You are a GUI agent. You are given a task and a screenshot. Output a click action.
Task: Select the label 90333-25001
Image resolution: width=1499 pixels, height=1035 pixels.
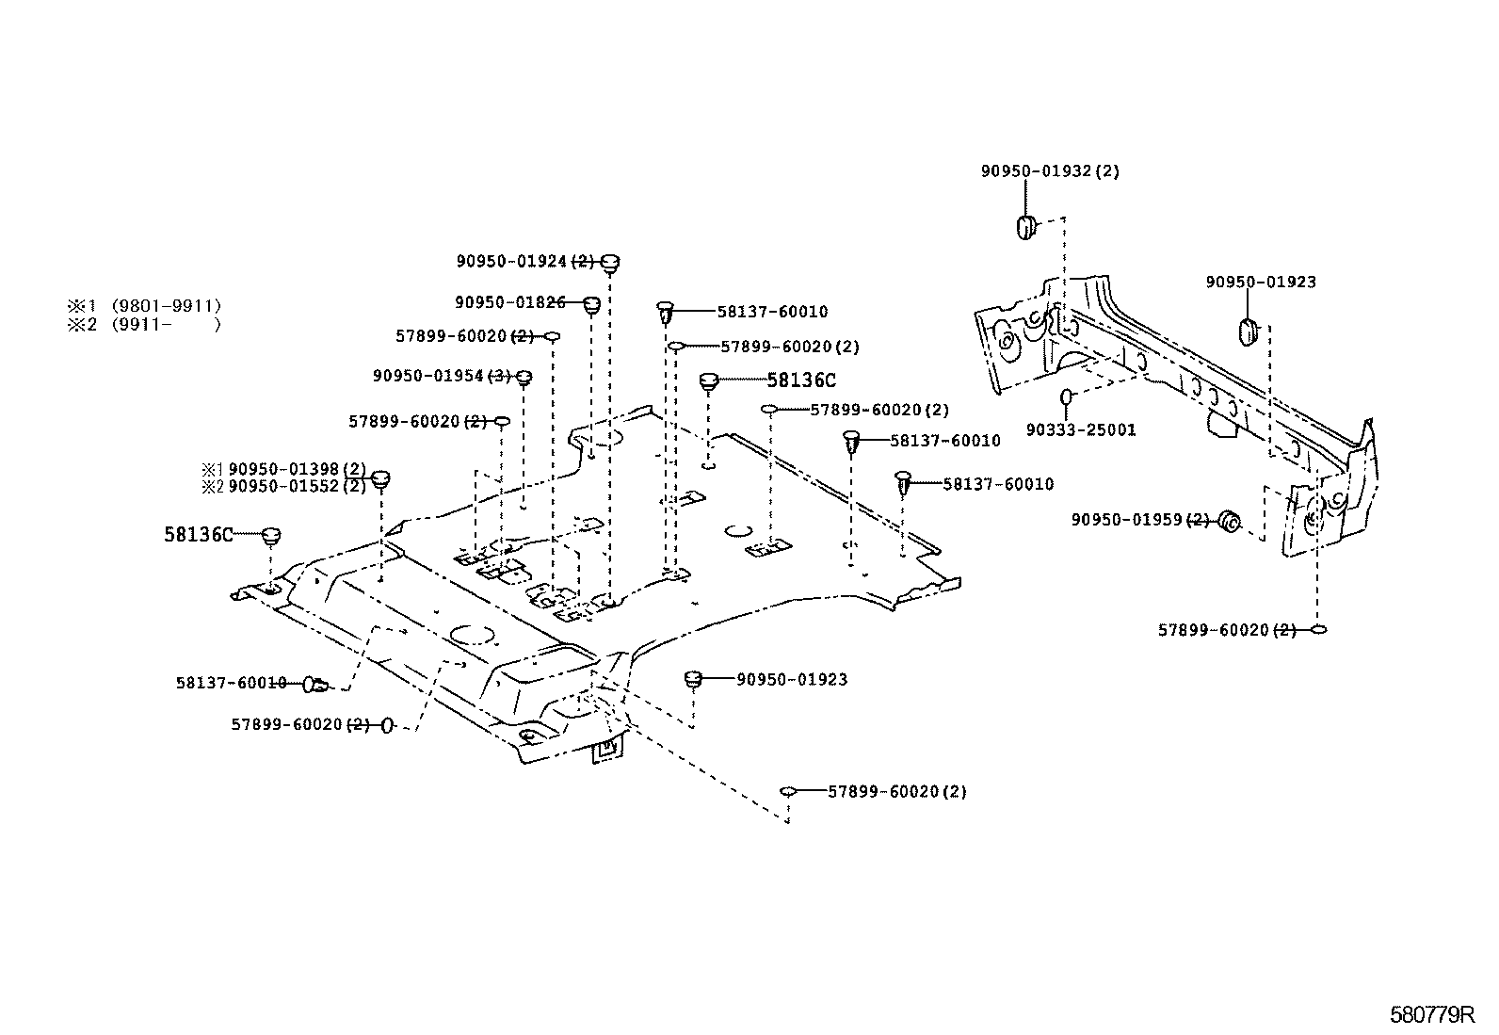click(x=1081, y=430)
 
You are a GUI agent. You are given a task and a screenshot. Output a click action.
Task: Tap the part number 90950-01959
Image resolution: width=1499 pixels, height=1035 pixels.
click(x=1126, y=520)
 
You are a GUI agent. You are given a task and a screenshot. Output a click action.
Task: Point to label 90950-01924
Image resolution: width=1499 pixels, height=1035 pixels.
click(x=512, y=261)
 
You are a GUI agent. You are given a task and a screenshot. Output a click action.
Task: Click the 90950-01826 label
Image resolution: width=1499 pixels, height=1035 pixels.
click(x=509, y=302)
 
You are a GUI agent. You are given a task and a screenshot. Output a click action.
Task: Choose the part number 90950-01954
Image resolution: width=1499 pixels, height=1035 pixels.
click(x=428, y=376)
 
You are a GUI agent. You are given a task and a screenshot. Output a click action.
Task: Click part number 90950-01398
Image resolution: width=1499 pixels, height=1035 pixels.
click(x=284, y=469)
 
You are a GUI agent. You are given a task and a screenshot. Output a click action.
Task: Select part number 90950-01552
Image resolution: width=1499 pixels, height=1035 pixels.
click(x=284, y=487)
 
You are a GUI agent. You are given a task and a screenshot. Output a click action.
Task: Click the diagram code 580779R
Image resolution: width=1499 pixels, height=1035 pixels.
click(x=1431, y=1015)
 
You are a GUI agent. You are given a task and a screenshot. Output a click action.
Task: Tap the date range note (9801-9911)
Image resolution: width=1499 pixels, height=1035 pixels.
click(x=167, y=306)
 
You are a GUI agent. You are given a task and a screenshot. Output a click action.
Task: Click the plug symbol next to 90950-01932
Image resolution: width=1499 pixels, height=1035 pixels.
click(x=1025, y=227)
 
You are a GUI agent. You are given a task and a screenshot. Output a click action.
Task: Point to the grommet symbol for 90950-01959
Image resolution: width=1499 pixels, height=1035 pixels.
click(x=1229, y=521)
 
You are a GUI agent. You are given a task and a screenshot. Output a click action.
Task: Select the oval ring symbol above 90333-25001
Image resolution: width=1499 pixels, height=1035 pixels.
click(x=1067, y=396)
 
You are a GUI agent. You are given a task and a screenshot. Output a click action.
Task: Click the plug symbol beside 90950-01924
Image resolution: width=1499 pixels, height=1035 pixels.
click(x=610, y=262)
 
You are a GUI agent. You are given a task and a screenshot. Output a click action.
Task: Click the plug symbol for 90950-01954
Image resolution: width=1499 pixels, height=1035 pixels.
click(x=525, y=377)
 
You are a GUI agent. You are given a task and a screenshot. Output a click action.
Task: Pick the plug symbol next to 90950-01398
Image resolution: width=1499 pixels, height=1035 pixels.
click(x=380, y=478)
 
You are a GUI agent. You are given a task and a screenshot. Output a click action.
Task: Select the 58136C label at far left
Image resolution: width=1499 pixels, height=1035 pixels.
click(x=198, y=535)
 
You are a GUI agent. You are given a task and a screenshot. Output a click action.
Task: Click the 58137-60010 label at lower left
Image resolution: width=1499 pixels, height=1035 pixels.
click(x=231, y=683)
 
